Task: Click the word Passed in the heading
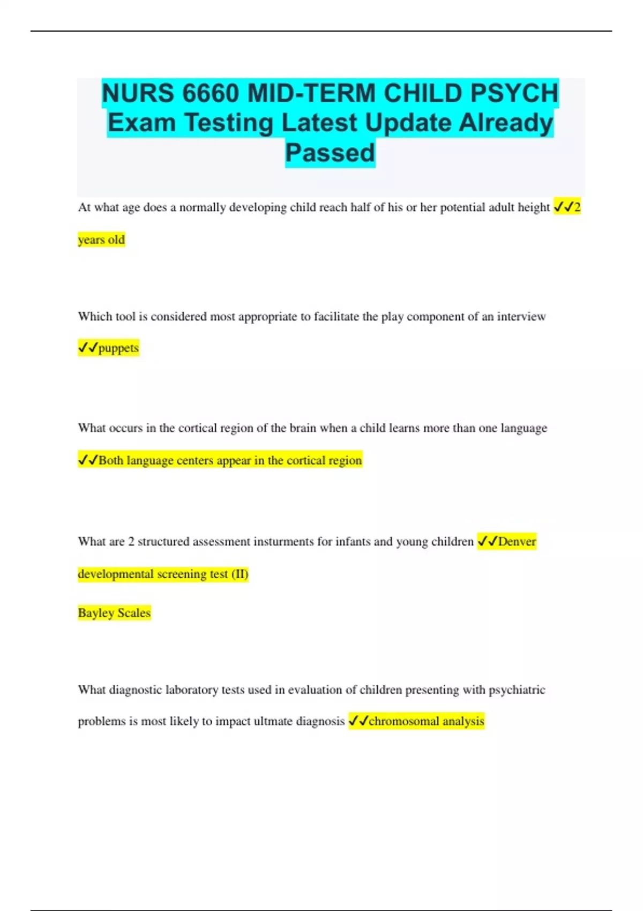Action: click(x=330, y=153)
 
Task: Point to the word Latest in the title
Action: click(x=320, y=123)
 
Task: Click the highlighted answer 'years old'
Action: click(x=101, y=240)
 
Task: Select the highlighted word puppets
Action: click(x=118, y=348)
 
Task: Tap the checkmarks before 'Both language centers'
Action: click(x=88, y=460)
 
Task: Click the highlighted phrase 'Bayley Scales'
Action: click(x=114, y=613)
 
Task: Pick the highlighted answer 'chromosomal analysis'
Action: click(x=426, y=721)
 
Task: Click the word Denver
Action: click(x=517, y=542)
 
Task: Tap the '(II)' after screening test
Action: click(x=240, y=574)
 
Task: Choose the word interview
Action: click(x=521, y=317)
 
